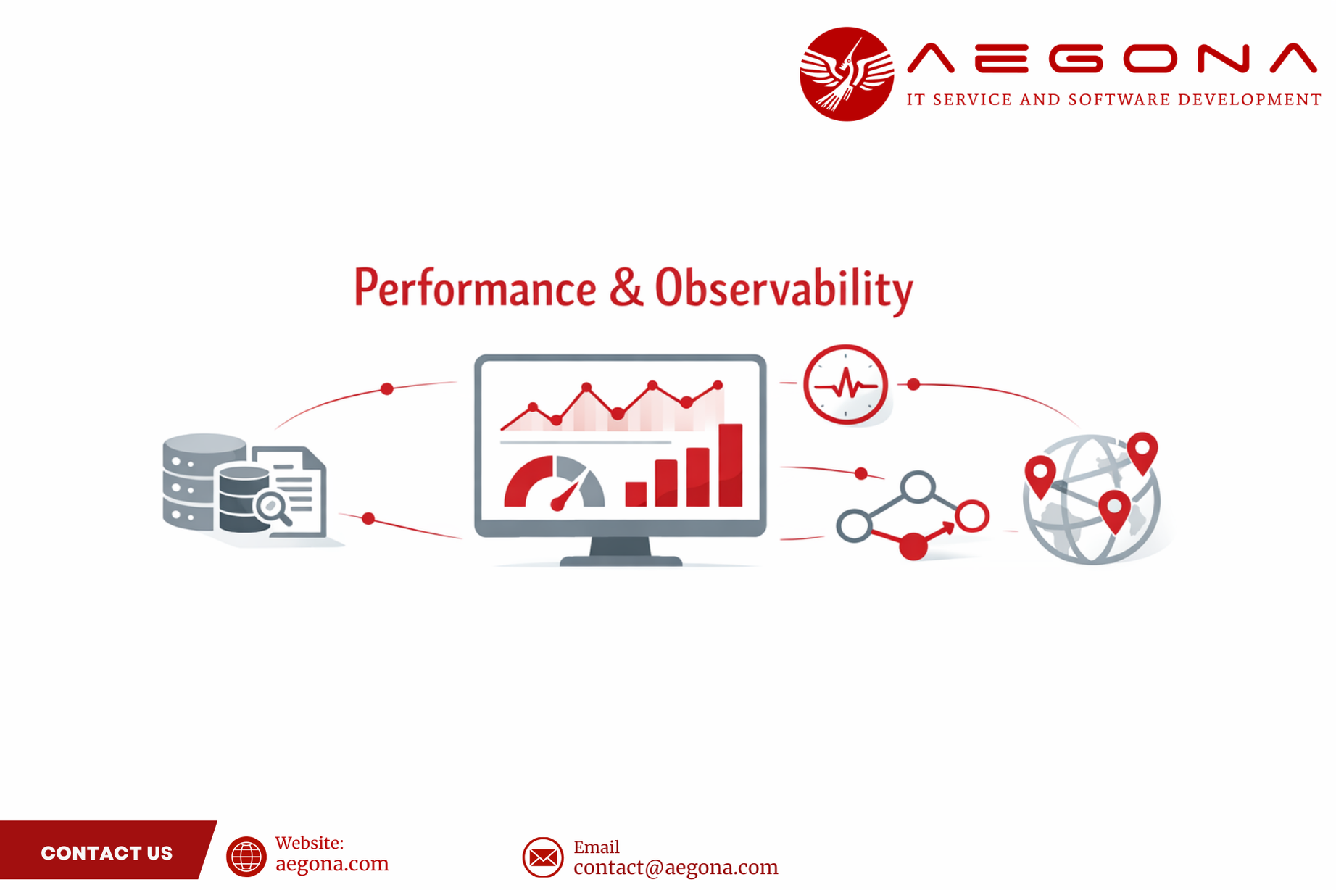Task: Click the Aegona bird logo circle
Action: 846,74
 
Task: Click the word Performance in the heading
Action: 475,288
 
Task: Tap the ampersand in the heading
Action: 626,288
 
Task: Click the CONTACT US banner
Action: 107,852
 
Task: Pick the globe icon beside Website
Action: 246,857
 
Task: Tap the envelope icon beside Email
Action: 542,857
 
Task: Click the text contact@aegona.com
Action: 676,868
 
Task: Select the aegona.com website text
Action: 332,864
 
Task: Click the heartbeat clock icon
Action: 845,385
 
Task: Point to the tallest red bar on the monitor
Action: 730,465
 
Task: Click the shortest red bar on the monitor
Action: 636,494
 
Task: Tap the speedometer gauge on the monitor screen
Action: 555,483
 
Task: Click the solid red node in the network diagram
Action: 913,545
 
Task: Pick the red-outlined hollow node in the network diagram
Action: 971,516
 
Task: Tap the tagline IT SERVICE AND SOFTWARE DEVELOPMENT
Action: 1114,99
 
